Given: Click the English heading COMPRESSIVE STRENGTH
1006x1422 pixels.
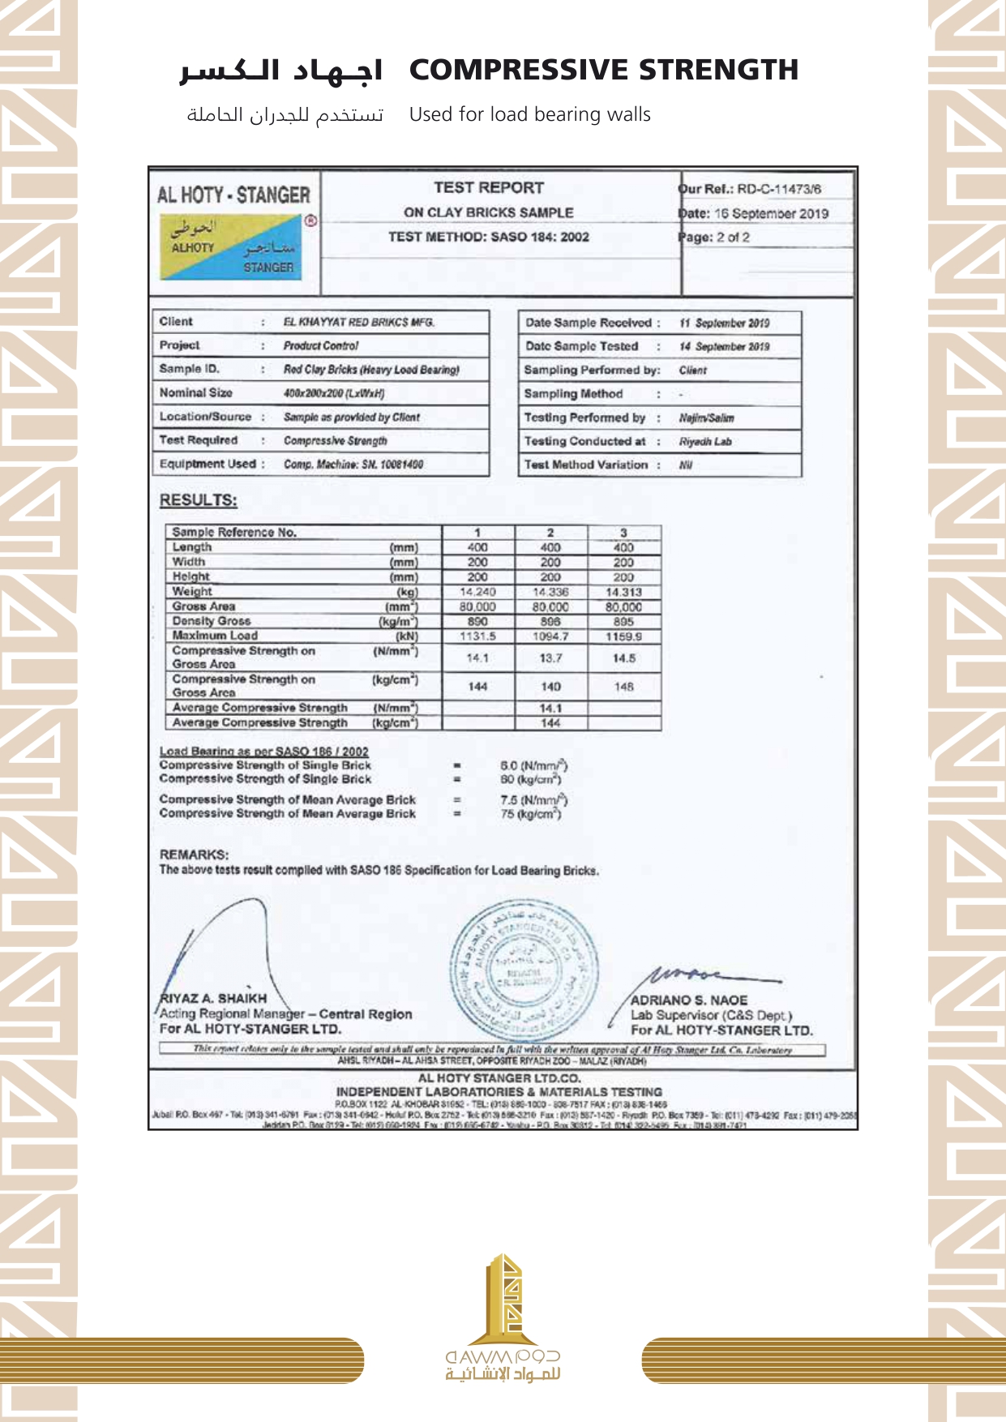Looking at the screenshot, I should [x=603, y=71].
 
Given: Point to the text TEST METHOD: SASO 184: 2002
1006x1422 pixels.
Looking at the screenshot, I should [x=488, y=237].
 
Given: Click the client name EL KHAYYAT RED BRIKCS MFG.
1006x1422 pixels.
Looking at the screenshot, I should [x=358, y=322].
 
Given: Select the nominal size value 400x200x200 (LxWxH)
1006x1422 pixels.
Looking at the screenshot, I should [x=333, y=393].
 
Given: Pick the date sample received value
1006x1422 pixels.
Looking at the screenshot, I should [x=724, y=323].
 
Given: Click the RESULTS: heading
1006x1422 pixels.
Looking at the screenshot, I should [x=198, y=500].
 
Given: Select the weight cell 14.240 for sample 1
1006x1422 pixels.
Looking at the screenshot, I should [x=477, y=592].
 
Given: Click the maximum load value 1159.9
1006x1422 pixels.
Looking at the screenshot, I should [x=623, y=636].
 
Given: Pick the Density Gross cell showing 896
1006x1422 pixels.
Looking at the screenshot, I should [x=550, y=622].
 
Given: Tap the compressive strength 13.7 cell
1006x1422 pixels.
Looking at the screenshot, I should [x=550, y=658].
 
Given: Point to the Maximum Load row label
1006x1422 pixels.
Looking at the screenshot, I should [x=215, y=636].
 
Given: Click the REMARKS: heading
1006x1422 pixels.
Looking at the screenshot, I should [x=194, y=854].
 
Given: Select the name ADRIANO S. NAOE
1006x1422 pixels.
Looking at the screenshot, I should [x=689, y=1000].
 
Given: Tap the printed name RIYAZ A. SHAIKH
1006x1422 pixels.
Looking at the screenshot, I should [x=213, y=998].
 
